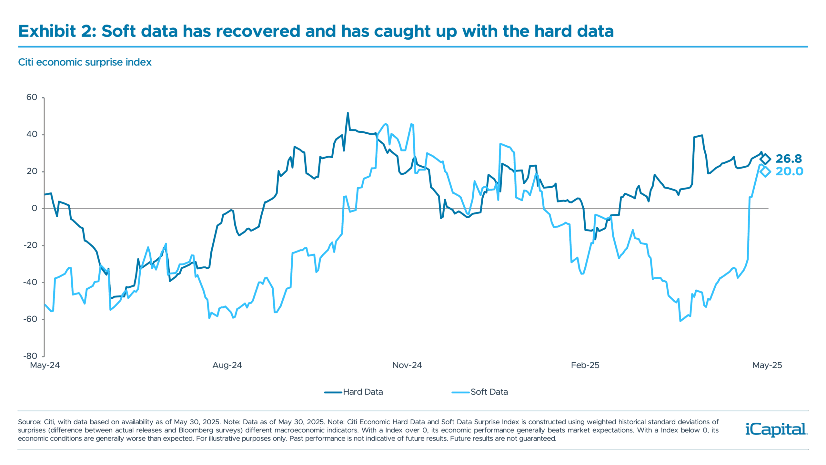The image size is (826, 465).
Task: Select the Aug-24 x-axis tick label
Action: pyautogui.click(x=227, y=366)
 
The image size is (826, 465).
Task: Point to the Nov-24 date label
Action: pyautogui.click(x=407, y=366)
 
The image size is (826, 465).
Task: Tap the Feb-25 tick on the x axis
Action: pyautogui.click(x=586, y=366)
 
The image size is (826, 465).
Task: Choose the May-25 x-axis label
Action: pyautogui.click(x=767, y=366)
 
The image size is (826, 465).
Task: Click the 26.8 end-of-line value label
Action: pyautogui.click(x=788, y=159)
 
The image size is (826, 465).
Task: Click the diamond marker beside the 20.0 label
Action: pyautogui.click(x=765, y=171)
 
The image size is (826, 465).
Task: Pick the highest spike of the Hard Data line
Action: pyautogui.click(x=348, y=113)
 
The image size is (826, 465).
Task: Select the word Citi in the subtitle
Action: pyautogui.click(x=25, y=62)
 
